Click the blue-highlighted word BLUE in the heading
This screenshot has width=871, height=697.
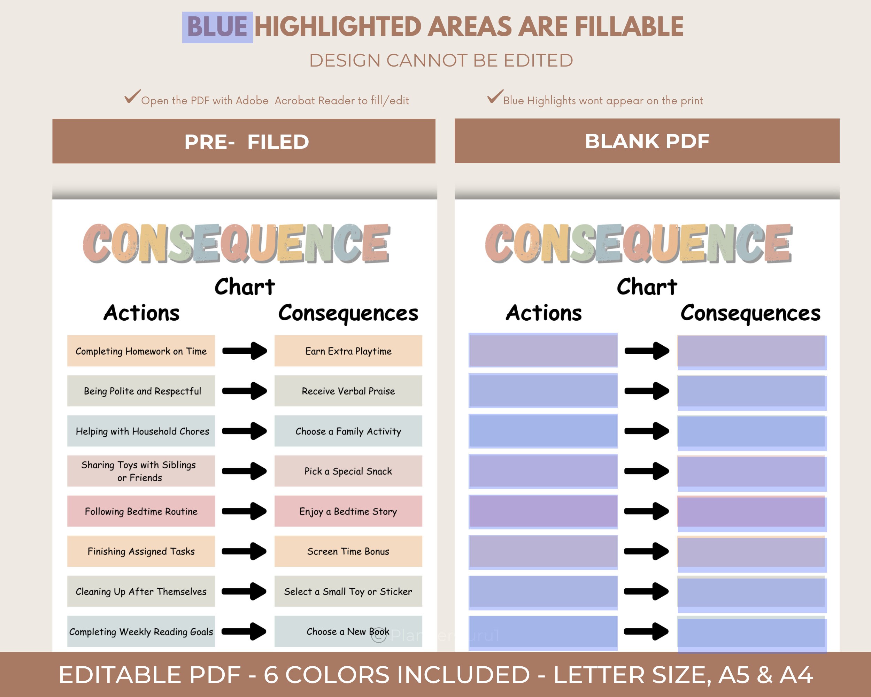217,27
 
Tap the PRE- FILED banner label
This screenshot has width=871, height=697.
246,142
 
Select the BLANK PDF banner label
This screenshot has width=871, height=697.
647,141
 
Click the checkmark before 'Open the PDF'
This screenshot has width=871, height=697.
132,97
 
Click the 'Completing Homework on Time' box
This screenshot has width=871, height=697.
141,351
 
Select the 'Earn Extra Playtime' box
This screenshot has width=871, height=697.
348,351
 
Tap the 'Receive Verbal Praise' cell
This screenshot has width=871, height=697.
348,391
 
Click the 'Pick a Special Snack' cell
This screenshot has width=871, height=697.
348,471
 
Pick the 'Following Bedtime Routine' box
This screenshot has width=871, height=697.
141,511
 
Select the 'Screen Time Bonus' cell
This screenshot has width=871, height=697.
348,551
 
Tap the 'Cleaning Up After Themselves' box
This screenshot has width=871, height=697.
141,591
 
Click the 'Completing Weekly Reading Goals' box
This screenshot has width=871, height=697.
141,631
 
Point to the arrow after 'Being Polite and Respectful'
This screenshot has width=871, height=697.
245,391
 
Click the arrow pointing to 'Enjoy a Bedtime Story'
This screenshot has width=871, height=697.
245,511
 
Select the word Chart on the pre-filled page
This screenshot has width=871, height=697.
245,287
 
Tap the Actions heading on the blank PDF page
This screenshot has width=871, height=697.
544,313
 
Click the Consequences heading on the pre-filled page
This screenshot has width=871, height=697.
348,313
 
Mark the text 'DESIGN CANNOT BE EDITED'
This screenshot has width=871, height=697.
441,61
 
